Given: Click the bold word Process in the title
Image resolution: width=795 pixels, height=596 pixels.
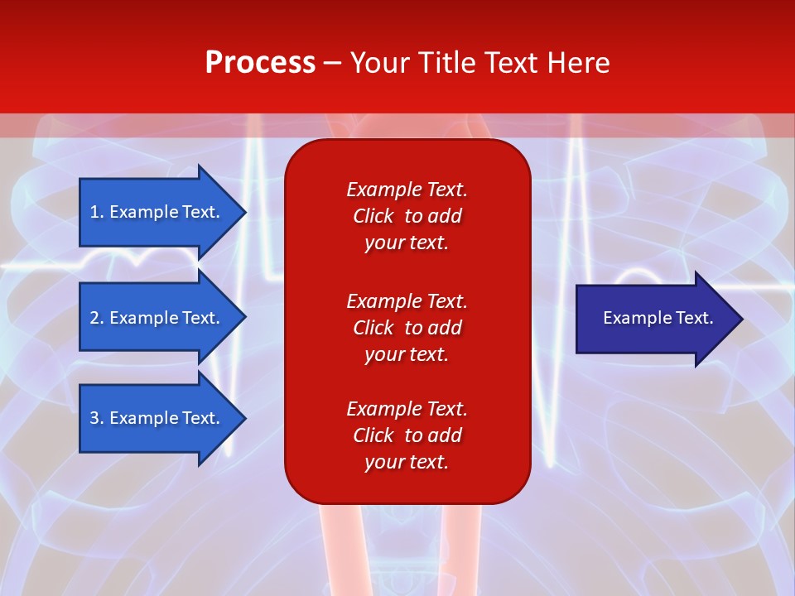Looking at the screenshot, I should click(260, 63).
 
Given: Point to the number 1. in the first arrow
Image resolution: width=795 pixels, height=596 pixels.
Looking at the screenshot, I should click(96, 212).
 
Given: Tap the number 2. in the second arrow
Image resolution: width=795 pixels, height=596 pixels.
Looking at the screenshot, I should click(96, 318).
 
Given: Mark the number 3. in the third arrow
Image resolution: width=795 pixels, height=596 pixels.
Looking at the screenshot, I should click(96, 418).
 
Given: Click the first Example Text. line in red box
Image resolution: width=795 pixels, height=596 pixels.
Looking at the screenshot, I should click(407, 190).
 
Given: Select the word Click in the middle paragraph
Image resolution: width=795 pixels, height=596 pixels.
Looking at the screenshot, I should click(373, 328).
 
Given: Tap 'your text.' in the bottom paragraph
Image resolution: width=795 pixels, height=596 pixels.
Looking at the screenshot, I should click(407, 462).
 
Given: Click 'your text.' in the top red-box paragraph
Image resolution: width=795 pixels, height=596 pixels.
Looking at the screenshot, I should click(407, 243).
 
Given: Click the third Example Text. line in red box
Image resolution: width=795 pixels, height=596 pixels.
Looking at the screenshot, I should click(407, 409).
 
